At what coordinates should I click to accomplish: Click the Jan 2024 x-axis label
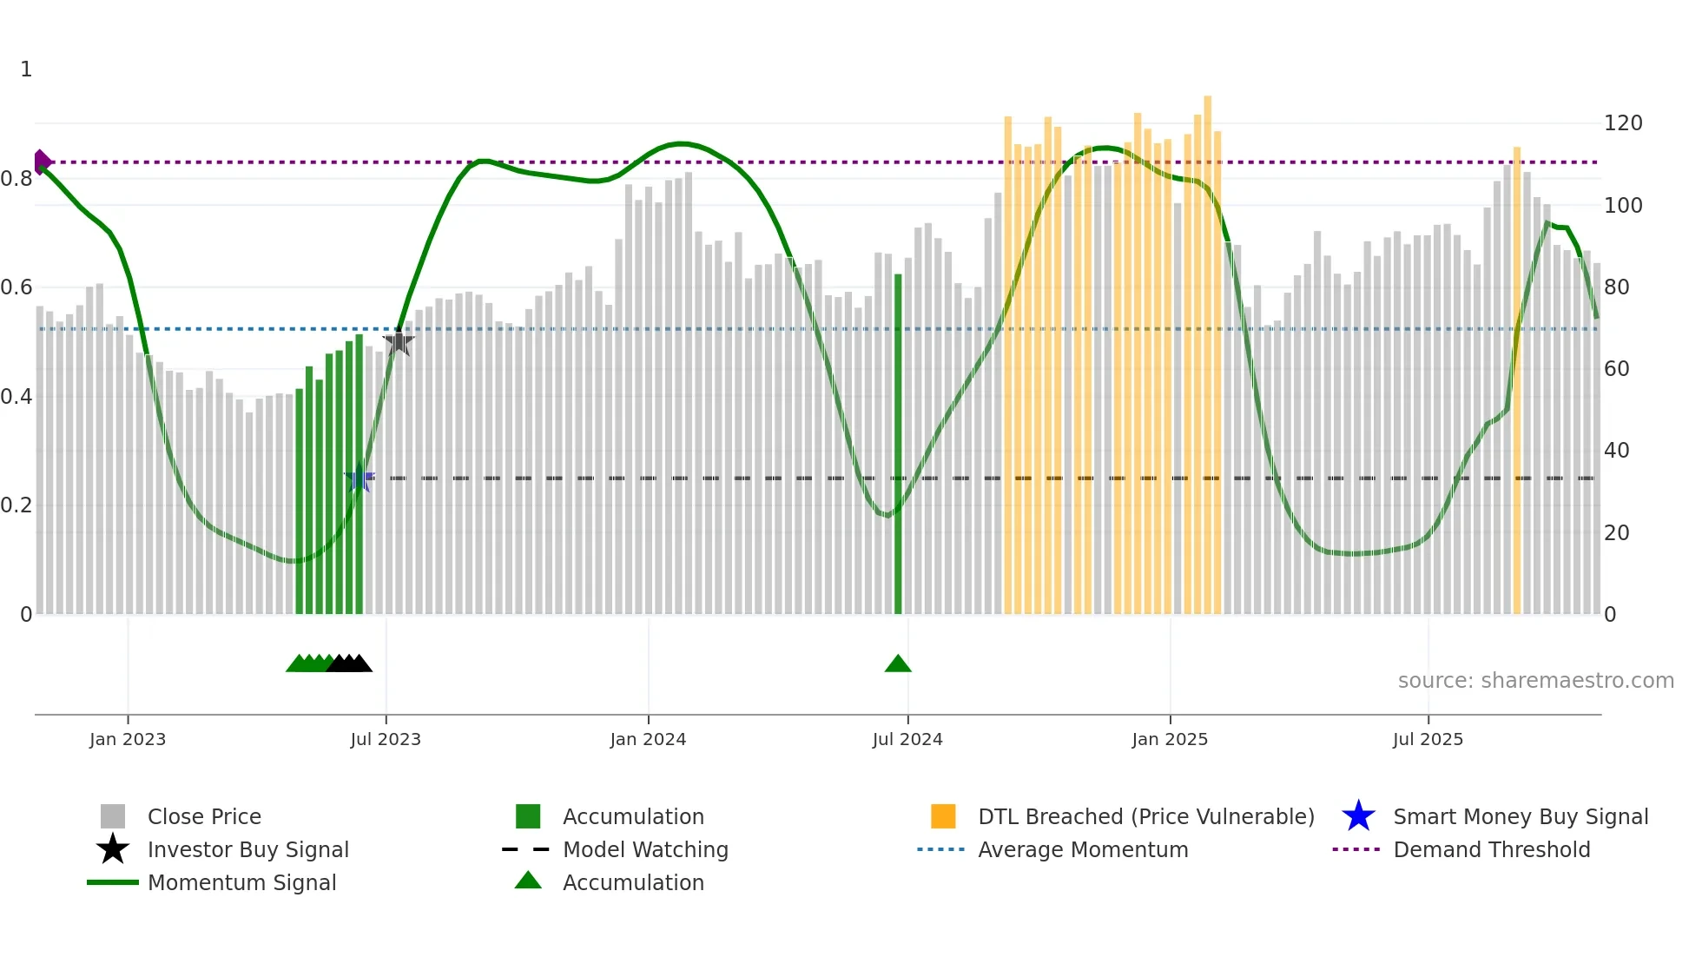click(x=648, y=739)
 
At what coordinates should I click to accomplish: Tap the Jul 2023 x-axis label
click(x=386, y=739)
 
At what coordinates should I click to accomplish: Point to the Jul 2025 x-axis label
click(x=1428, y=739)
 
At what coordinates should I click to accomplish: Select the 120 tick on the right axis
click(x=1622, y=123)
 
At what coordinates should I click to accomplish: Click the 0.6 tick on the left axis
click(x=16, y=287)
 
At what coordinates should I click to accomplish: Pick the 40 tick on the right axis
click(x=1616, y=451)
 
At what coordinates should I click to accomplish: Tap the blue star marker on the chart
click(x=359, y=478)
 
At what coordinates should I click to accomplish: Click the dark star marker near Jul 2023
click(x=399, y=342)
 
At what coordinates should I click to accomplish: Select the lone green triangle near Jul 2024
click(x=898, y=664)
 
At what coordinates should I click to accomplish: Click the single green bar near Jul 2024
click(x=898, y=443)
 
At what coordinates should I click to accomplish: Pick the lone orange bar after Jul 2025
click(x=1517, y=382)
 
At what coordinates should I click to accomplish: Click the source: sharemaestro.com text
click(x=1535, y=681)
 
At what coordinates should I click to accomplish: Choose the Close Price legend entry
click(x=204, y=816)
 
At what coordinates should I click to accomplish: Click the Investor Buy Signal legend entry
click(x=247, y=849)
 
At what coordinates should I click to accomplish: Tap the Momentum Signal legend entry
click(x=241, y=882)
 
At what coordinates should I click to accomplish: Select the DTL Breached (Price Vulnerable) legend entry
click(x=1145, y=816)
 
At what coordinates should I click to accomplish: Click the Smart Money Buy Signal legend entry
click(x=1520, y=816)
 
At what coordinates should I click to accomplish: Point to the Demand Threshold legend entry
click(x=1491, y=849)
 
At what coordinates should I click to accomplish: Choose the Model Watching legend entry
click(x=645, y=849)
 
